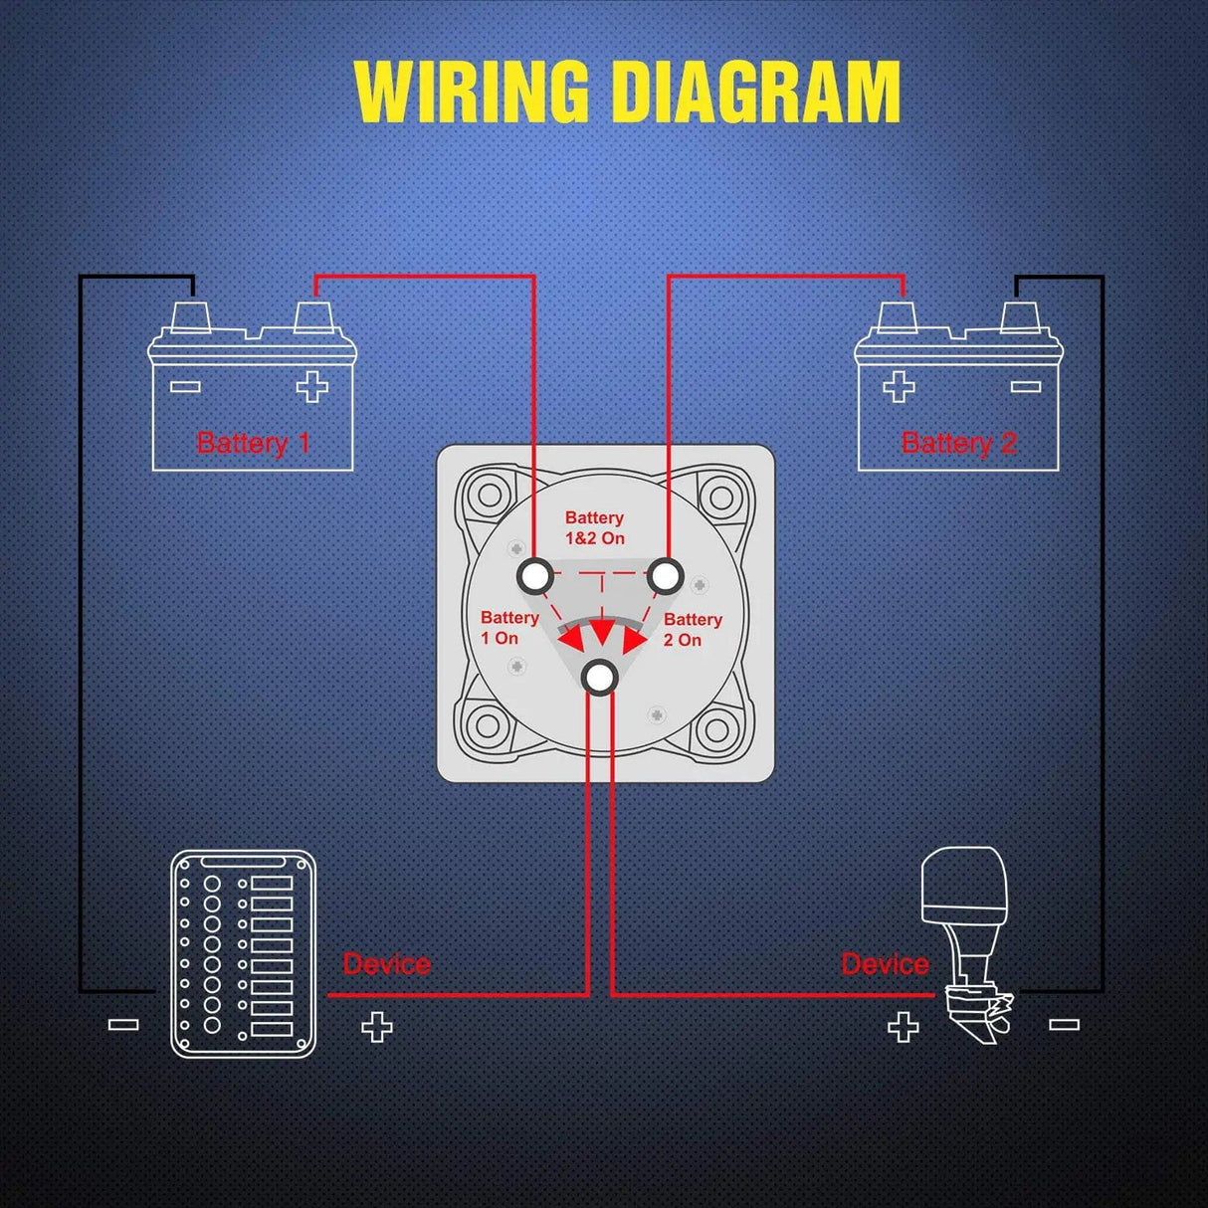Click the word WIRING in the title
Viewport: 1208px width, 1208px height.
(x=472, y=92)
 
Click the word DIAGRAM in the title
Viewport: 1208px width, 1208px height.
(x=756, y=92)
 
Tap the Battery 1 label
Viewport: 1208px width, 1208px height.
(x=254, y=443)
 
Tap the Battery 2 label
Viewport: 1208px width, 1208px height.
(x=958, y=443)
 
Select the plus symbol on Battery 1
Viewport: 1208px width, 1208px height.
(x=312, y=387)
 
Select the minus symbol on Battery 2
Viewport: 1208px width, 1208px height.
(x=1025, y=386)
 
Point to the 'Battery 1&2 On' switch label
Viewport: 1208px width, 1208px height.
(x=595, y=527)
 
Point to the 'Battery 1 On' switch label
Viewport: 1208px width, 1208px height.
(x=508, y=628)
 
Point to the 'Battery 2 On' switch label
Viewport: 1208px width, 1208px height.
(x=692, y=630)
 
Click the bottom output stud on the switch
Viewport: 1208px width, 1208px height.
(x=599, y=678)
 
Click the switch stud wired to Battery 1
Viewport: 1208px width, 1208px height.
(x=536, y=575)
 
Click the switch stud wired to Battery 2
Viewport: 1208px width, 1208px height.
(x=665, y=575)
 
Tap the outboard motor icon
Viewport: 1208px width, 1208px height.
(x=966, y=945)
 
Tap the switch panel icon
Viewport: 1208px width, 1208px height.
(x=243, y=953)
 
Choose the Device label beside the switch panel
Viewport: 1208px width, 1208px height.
(x=386, y=963)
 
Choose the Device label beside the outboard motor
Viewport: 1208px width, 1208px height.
(x=885, y=963)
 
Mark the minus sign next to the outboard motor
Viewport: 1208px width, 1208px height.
(x=1064, y=1024)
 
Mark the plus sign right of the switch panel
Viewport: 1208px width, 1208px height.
(x=376, y=1027)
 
